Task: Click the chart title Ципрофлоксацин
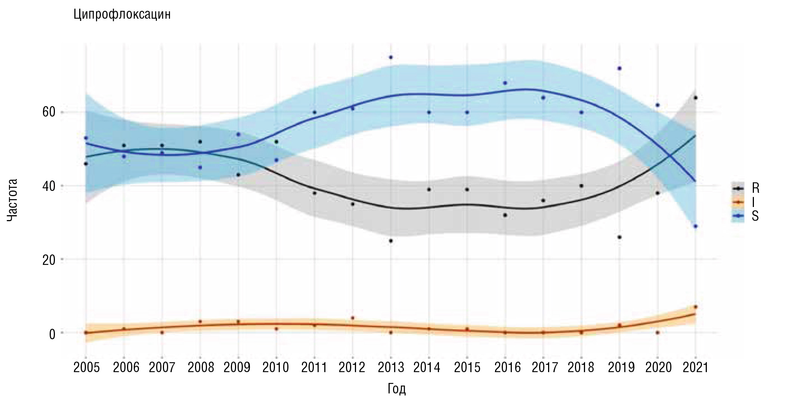pyautogui.click(x=122, y=15)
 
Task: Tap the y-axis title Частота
pyautogui.click(x=12, y=200)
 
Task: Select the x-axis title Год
pyautogui.click(x=396, y=389)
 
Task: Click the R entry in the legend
pyautogui.click(x=755, y=188)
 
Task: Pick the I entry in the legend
pyautogui.click(x=753, y=202)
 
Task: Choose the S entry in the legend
pyautogui.click(x=755, y=216)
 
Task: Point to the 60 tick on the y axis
pyautogui.click(x=49, y=112)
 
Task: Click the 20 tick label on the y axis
pyautogui.click(x=49, y=260)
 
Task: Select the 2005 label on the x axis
pyautogui.click(x=86, y=368)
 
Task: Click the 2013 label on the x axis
pyautogui.click(x=391, y=368)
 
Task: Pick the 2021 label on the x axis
pyautogui.click(x=695, y=368)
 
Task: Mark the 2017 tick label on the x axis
pyautogui.click(x=544, y=368)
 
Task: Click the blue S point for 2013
pyautogui.click(x=391, y=57)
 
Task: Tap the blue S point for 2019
pyautogui.click(x=619, y=68)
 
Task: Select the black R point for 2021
pyautogui.click(x=696, y=98)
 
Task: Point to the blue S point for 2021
pyautogui.click(x=695, y=226)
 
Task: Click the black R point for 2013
pyautogui.click(x=391, y=241)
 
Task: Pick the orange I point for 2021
pyautogui.click(x=695, y=307)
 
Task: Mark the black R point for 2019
pyautogui.click(x=619, y=237)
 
